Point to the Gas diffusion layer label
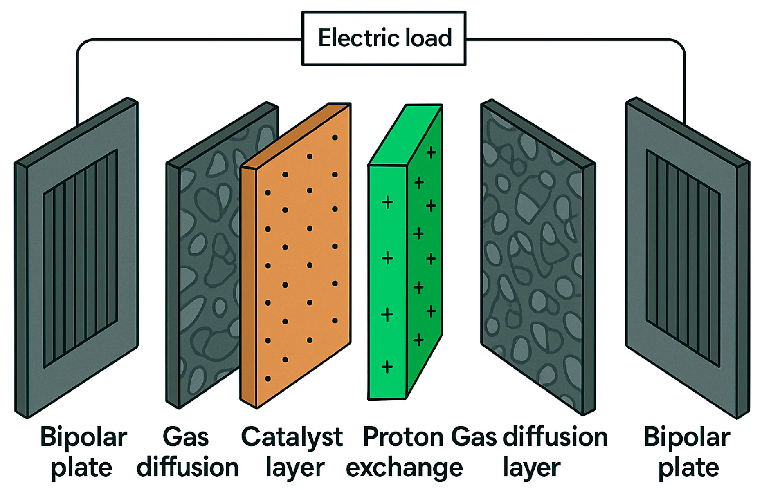coord(530,452)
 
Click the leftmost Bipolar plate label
coord(83,452)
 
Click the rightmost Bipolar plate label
coord(687,452)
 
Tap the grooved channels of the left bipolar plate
coord(81,257)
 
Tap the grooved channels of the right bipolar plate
coord(682,257)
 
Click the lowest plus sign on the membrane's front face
coord(387,367)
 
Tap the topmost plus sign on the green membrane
coord(431,152)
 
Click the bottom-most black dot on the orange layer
coord(268,379)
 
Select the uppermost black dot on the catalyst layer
coord(335,138)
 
